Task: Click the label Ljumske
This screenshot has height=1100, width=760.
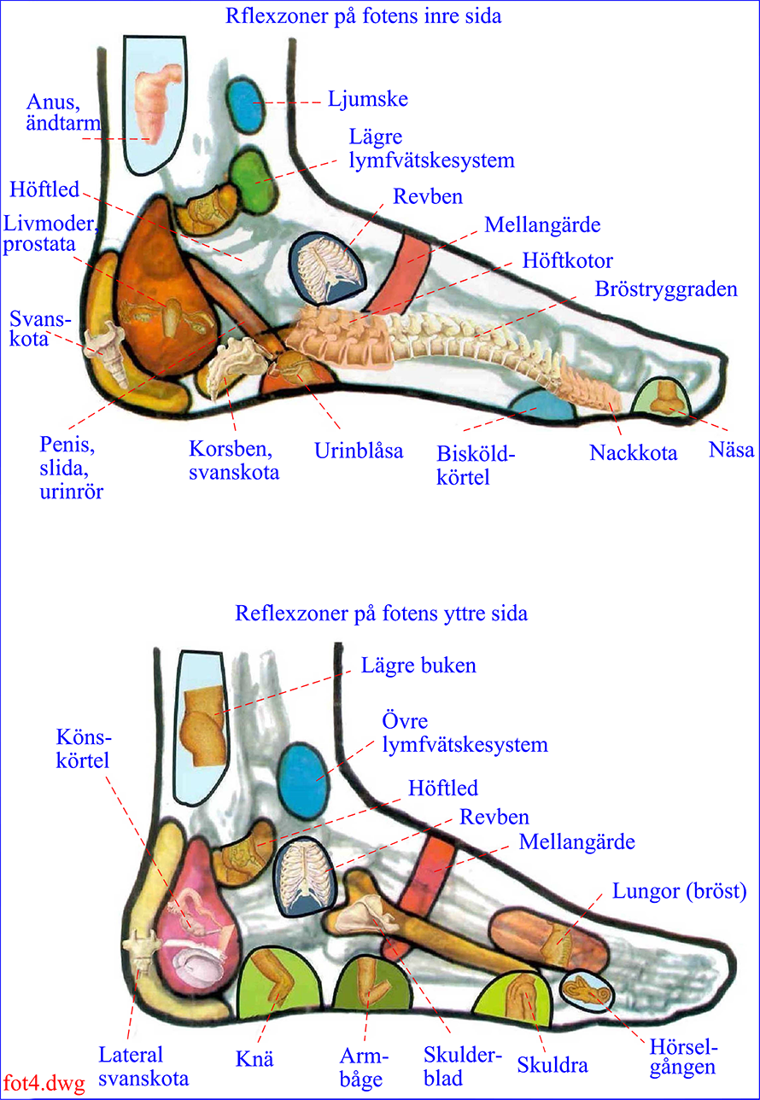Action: (x=368, y=100)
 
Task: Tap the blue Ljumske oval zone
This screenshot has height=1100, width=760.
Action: (x=246, y=103)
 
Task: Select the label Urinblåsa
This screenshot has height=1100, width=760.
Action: (x=359, y=451)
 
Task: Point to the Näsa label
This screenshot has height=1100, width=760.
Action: (x=731, y=450)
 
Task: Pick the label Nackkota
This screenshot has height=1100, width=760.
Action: (x=633, y=453)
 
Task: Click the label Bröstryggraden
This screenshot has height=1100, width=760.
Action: (x=666, y=289)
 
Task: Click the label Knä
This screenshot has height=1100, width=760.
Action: (x=254, y=1058)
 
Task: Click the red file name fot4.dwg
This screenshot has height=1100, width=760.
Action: (x=44, y=1082)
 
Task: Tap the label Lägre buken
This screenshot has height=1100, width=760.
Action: (x=418, y=666)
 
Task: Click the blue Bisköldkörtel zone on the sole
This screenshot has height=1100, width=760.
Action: (x=543, y=404)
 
